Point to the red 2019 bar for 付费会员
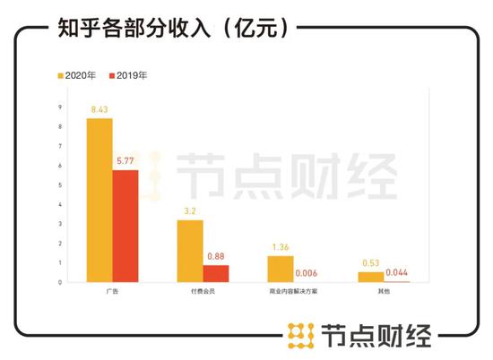click(216, 273)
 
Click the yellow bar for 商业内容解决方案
click(281, 269)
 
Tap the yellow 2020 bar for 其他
click(370, 277)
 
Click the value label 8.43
click(99, 110)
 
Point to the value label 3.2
click(190, 211)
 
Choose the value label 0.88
click(216, 256)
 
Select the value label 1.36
click(281, 246)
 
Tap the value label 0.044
click(397, 272)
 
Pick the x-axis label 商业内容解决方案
click(293, 293)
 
